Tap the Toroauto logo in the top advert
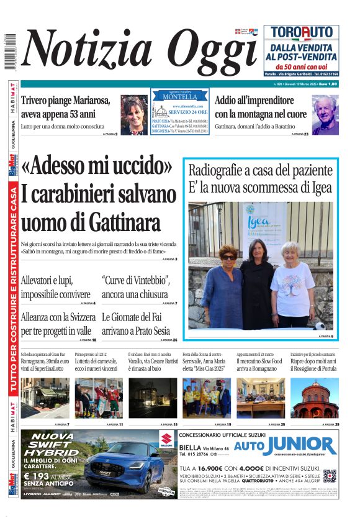point(301,33)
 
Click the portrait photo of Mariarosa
point(134,115)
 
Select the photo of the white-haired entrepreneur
point(325,115)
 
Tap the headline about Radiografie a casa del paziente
point(261,178)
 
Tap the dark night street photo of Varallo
point(153,398)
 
